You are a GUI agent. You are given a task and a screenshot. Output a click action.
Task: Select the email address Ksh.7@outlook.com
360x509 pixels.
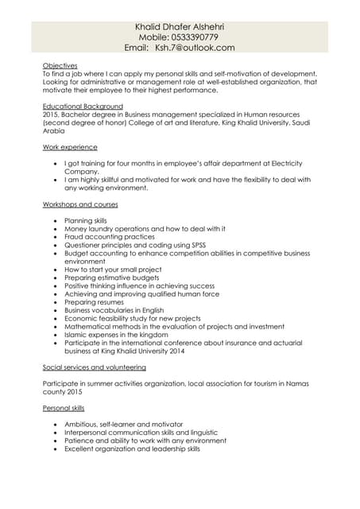click(x=195, y=49)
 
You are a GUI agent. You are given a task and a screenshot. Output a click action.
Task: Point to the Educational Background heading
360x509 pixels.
click(x=83, y=106)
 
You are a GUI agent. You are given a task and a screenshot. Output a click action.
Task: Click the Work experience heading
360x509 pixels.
click(x=70, y=147)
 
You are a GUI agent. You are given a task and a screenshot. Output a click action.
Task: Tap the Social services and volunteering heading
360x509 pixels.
click(x=94, y=367)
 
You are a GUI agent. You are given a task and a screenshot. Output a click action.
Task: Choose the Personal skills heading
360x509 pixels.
click(x=64, y=408)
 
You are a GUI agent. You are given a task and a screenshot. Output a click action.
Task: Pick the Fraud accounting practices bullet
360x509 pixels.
click(x=110, y=237)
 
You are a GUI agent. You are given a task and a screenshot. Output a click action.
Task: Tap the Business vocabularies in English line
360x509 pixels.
click(x=114, y=310)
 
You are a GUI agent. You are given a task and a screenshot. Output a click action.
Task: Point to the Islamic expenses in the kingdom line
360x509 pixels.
click(x=117, y=335)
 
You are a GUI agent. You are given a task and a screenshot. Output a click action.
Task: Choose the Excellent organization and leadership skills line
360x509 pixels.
click(x=132, y=449)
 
